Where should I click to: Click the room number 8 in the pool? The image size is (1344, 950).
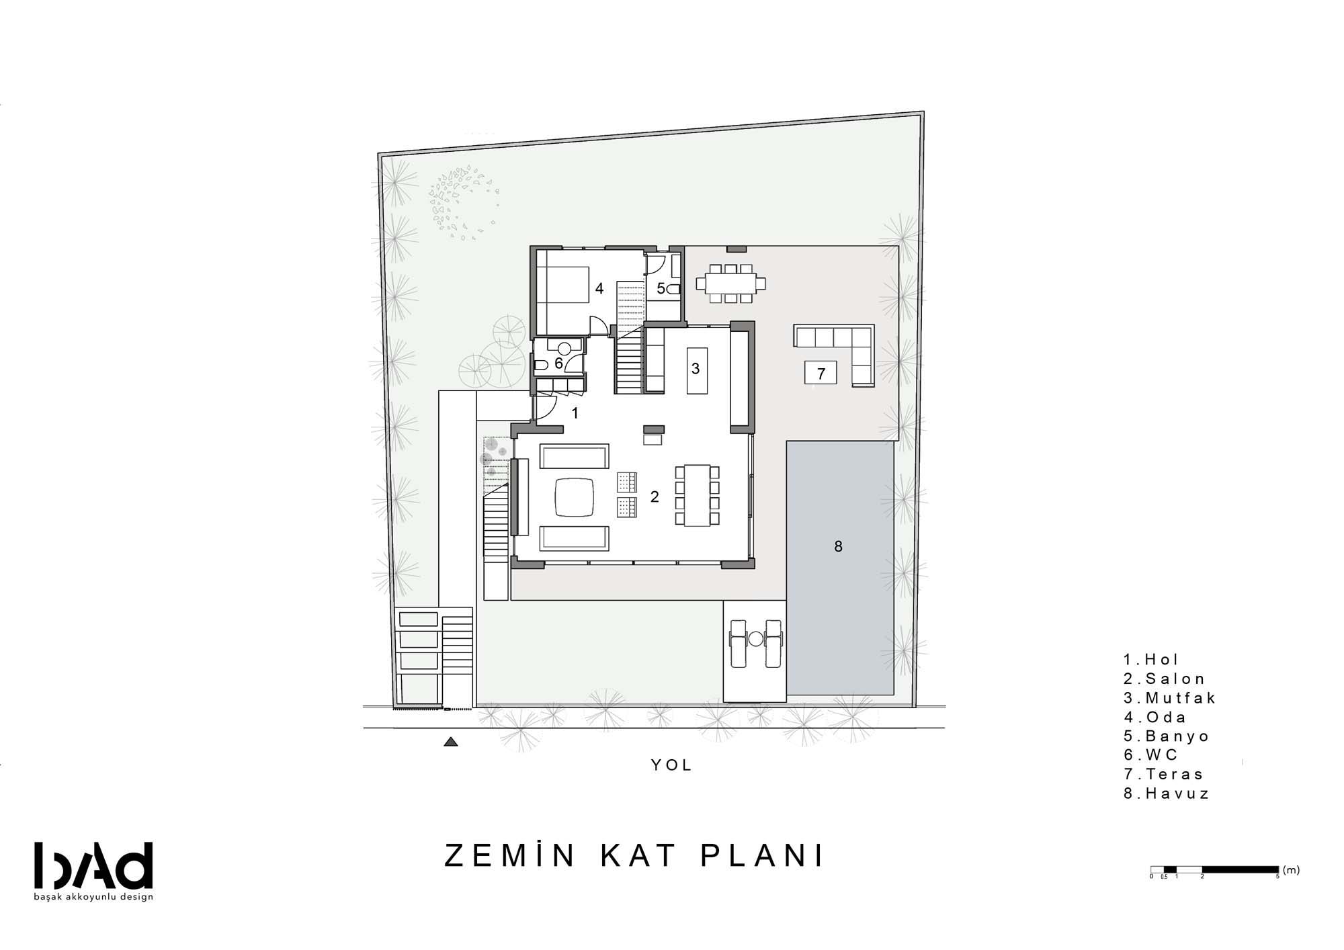click(838, 547)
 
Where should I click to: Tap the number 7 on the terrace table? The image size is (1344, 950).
click(821, 374)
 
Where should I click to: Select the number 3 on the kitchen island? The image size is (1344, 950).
click(696, 368)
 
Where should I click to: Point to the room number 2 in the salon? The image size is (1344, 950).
click(655, 496)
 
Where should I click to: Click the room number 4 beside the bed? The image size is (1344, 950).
click(599, 289)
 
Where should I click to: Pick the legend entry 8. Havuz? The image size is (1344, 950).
click(1166, 793)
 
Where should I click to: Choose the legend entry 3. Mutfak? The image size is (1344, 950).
click(1169, 698)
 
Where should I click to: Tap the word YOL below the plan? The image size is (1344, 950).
click(671, 765)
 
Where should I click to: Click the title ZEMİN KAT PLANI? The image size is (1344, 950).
click(634, 856)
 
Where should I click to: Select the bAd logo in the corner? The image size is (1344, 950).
click(93, 871)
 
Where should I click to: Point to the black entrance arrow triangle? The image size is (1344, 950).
click(451, 742)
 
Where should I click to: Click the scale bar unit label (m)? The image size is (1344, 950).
click(1291, 870)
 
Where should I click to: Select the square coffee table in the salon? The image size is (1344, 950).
click(575, 496)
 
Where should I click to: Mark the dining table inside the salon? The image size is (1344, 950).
click(697, 495)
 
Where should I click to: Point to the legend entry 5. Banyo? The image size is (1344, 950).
click(1166, 736)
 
